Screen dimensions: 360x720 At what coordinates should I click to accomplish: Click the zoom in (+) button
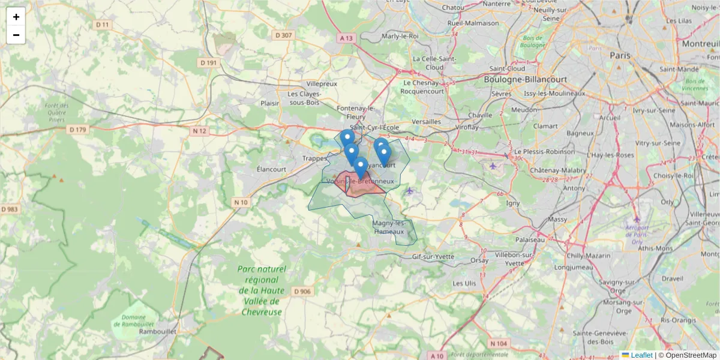tap(16, 17)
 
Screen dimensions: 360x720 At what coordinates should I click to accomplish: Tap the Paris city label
tap(620, 55)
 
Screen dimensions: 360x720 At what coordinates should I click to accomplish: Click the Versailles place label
tap(427, 122)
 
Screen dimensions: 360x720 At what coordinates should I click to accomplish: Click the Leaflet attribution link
tap(641, 355)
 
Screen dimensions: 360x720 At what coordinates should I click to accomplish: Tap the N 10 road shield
tap(241, 203)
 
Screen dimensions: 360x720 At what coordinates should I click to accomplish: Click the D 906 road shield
tap(303, 292)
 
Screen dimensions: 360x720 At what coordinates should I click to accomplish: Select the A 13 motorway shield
tap(346, 38)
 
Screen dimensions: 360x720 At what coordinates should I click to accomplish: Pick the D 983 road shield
tap(10, 209)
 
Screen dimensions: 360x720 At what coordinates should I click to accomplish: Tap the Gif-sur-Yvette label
tap(433, 257)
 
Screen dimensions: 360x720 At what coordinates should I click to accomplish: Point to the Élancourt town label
tap(271, 169)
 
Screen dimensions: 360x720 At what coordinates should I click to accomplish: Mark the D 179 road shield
tap(78, 130)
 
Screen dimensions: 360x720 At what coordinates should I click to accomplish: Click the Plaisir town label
tap(271, 103)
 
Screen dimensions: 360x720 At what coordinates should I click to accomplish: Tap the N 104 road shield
tap(498, 344)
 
